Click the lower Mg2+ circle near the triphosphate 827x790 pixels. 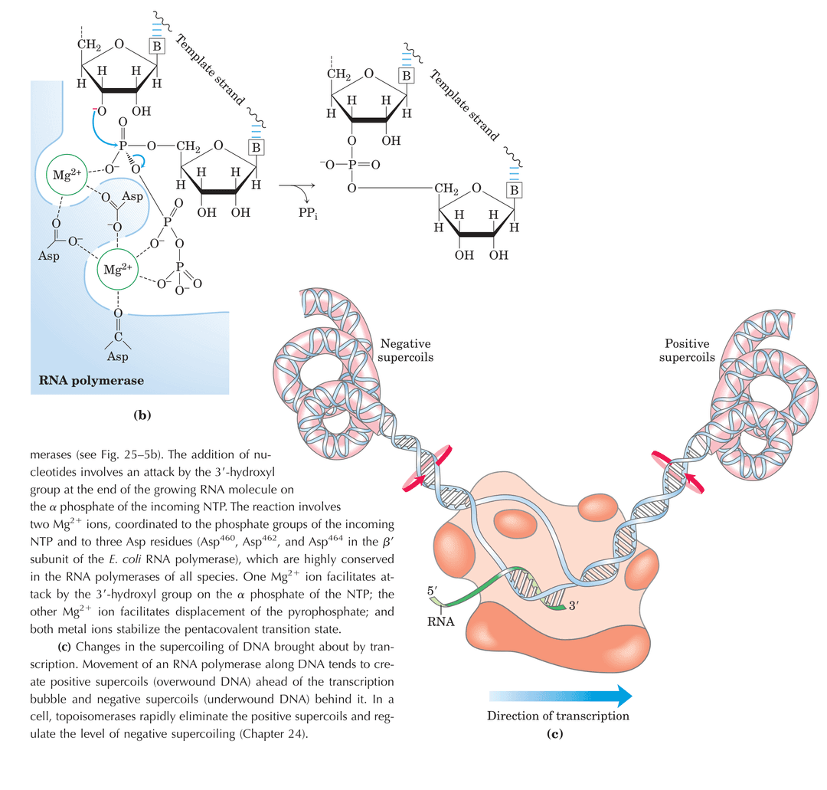[119, 269]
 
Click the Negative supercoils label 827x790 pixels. [406, 351]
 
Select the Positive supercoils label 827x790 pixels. [687, 351]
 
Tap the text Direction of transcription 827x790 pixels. [558, 716]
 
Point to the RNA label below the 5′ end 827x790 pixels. [440, 621]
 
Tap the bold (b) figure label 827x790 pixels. [143, 415]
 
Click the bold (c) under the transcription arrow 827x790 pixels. [554, 735]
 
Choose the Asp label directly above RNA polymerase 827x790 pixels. [117, 356]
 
